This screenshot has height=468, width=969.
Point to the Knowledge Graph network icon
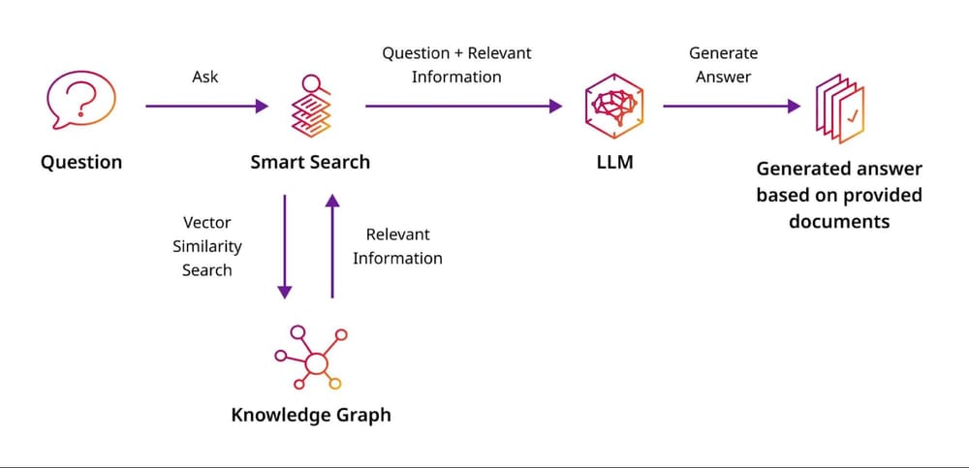click(x=310, y=359)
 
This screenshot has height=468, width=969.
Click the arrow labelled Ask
click(x=206, y=107)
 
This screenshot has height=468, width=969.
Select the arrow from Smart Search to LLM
click(x=463, y=107)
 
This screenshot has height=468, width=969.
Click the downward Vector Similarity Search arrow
click(x=285, y=246)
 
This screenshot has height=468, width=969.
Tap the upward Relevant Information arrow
click(x=332, y=246)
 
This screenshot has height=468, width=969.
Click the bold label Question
click(x=81, y=162)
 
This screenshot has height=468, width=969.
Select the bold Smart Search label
click(x=310, y=162)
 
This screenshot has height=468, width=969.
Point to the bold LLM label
click(x=614, y=162)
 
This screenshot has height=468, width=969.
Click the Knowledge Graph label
click(x=311, y=415)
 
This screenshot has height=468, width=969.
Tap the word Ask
click(x=205, y=77)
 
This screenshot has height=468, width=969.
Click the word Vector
click(x=206, y=223)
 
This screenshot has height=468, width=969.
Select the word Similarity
click(x=207, y=246)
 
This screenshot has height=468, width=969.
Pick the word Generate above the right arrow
click(x=723, y=53)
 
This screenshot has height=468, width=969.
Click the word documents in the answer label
click(x=839, y=222)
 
